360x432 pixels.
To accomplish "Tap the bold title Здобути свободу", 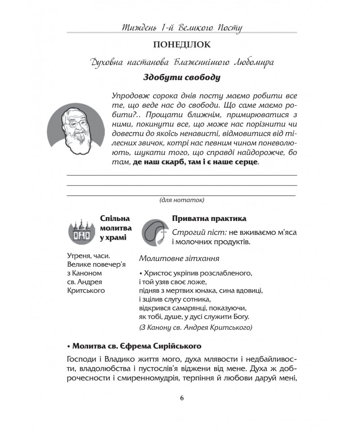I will pyautogui.click(x=181, y=77).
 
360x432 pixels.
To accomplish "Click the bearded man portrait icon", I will pyautogui.click(x=76, y=130).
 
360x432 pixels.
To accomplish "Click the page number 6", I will pyautogui.click(x=182, y=398).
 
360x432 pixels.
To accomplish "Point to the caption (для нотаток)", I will pyautogui.click(x=182, y=200).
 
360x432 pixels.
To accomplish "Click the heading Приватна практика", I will pyautogui.click(x=209, y=219).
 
